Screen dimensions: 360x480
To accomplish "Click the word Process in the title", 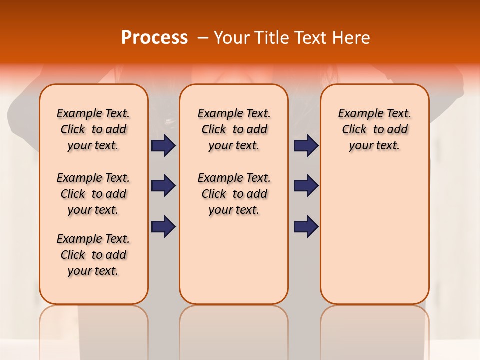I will pyautogui.click(x=154, y=38).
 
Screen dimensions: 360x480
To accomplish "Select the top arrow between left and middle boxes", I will pyautogui.click(x=163, y=146).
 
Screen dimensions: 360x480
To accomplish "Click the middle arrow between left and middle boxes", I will pyautogui.click(x=163, y=186).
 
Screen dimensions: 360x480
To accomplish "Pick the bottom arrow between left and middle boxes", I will pyautogui.click(x=163, y=226).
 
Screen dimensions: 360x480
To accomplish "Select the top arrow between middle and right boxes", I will pyautogui.click(x=306, y=146).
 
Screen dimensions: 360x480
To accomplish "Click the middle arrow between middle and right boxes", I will pyautogui.click(x=306, y=186).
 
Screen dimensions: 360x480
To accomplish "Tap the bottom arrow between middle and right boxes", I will pyautogui.click(x=306, y=226).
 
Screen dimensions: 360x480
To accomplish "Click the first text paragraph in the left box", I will pyautogui.click(x=93, y=129).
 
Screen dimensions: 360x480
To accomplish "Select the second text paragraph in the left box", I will pyautogui.click(x=93, y=194).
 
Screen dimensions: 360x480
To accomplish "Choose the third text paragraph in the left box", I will pyautogui.click(x=93, y=255).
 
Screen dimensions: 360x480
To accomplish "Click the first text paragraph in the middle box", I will pyautogui.click(x=234, y=129).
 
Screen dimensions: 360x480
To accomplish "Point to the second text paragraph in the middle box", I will pyautogui.click(x=234, y=194).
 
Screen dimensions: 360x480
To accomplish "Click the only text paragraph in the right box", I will pyautogui.click(x=374, y=129).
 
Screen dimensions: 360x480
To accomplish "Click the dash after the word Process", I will pyautogui.click(x=203, y=38).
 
